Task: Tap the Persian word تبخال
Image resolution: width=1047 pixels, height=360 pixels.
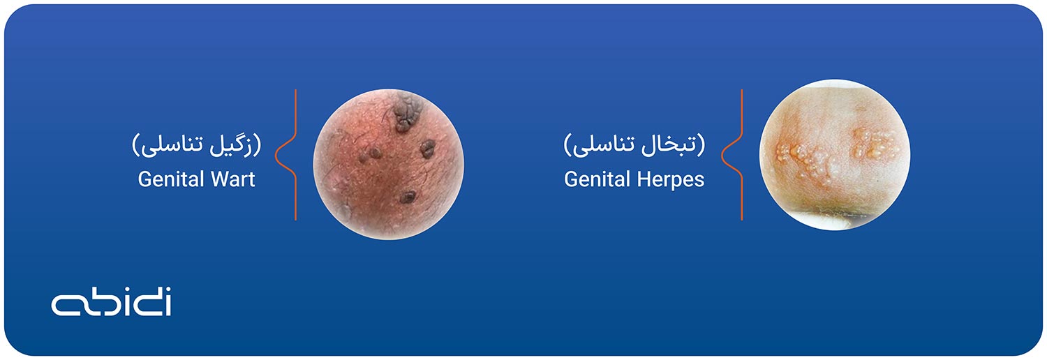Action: point(674,144)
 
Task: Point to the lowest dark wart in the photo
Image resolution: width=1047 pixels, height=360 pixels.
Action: point(408,197)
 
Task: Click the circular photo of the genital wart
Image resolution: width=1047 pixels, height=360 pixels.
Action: point(388,165)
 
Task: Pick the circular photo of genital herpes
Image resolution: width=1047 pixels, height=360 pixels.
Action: point(835,155)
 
